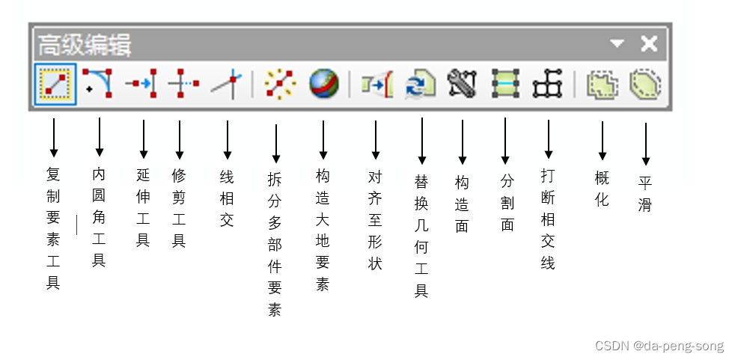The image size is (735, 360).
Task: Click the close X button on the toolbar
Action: point(649,44)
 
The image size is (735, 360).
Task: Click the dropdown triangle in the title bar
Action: point(617,44)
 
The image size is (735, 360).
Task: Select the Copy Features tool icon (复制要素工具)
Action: point(55,84)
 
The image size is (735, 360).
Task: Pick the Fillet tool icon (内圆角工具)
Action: point(98,84)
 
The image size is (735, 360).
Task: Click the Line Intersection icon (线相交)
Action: point(225,84)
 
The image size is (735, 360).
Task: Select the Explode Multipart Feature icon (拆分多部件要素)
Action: point(280,84)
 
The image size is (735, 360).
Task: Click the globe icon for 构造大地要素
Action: point(323,84)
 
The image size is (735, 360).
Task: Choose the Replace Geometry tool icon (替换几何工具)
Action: point(419,84)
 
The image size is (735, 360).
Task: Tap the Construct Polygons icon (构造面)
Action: point(462,84)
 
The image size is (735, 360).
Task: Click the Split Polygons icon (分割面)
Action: point(505,84)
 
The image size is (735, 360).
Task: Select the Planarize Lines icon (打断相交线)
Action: point(547,84)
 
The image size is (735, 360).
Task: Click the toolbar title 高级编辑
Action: point(85,45)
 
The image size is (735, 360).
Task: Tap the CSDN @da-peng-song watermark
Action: point(659,346)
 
